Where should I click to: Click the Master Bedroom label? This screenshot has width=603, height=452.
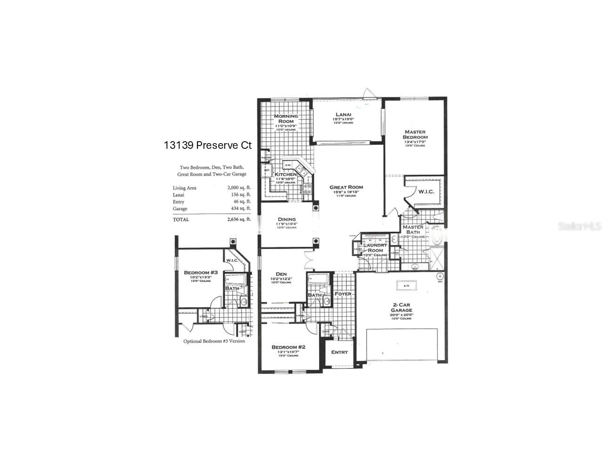[415, 135]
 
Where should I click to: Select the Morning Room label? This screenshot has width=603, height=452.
[286, 119]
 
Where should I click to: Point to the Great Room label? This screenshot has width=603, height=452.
[346, 187]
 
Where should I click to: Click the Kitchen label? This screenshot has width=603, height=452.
[285, 175]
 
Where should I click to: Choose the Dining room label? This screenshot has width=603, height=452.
[286, 219]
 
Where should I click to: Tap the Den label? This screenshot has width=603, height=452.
[281, 274]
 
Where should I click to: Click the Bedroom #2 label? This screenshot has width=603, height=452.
[288, 347]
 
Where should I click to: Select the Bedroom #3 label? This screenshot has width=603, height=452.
[200, 273]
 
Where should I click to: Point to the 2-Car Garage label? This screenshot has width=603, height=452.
[401, 307]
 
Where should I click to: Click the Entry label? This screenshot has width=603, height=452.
[339, 352]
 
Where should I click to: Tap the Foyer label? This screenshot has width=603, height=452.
[342, 294]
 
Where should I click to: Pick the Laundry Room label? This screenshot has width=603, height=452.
[375, 248]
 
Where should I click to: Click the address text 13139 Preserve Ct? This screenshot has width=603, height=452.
[208, 145]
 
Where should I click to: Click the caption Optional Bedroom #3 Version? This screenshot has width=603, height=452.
[214, 341]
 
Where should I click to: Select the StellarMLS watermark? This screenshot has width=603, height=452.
[580, 227]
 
